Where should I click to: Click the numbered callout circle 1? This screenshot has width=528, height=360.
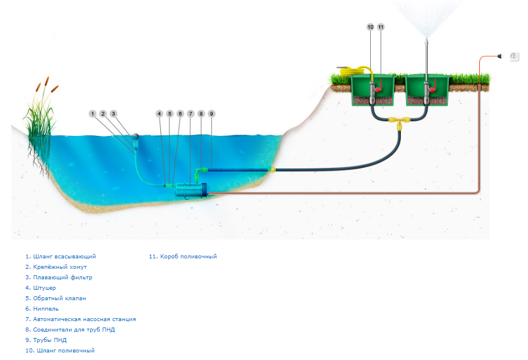click(x=92, y=113)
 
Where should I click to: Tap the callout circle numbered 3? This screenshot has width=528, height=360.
click(x=114, y=113)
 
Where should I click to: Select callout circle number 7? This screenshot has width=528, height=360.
click(x=190, y=114)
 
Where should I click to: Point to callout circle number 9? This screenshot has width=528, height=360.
click(x=212, y=114)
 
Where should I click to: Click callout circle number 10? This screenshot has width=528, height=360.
click(x=370, y=27)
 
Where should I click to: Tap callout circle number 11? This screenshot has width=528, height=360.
click(x=381, y=27)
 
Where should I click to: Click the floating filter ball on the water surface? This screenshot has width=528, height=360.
click(x=135, y=138)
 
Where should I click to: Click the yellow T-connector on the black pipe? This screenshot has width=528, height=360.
click(x=399, y=123)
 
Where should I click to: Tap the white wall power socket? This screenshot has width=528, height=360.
click(x=514, y=56)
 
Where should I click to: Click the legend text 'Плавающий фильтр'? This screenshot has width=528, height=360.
click(x=59, y=278)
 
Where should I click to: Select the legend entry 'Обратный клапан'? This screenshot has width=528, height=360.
click(x=56, y=298)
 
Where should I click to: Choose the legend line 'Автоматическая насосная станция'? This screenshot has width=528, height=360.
click(x=81, y=319)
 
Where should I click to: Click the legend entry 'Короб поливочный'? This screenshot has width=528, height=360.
click(x=183, y=257)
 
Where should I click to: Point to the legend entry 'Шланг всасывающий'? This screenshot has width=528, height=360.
click(x=60, y=257)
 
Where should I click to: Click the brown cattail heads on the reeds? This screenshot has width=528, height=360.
click(x=42, y=86)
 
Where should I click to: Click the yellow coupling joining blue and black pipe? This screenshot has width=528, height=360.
click(x=271, y=170)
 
